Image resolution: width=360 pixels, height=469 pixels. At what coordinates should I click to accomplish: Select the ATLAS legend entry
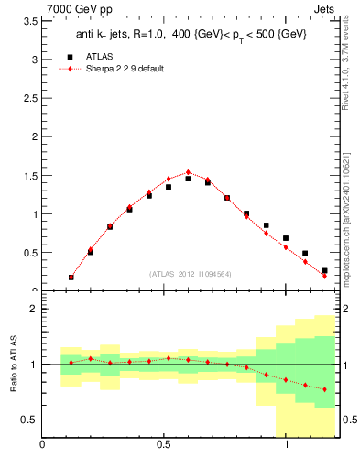[95, 56]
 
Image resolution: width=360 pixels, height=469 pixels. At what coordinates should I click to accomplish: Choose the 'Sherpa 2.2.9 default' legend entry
[119, 70]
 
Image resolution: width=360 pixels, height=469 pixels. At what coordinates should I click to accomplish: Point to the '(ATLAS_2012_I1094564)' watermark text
[190, 273]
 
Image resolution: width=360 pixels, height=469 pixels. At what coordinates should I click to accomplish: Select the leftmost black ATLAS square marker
[71, 277]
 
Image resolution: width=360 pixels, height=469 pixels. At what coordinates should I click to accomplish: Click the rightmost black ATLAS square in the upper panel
[324, 270]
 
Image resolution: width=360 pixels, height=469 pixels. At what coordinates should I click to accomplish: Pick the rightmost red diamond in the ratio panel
[324, 389]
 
